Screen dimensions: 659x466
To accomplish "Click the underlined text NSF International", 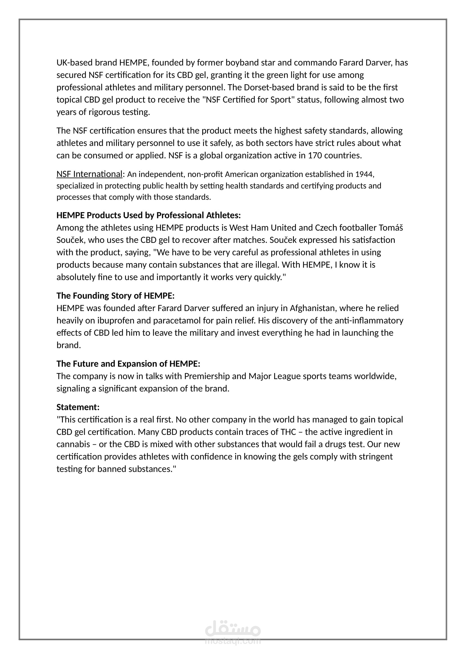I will point(89,174).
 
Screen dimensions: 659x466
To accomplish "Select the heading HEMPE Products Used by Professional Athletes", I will point(148,215).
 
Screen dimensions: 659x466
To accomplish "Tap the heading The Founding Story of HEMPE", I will point(115,295).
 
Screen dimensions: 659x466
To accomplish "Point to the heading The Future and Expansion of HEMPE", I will point(128,363).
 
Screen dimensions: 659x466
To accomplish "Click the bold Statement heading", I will point(78,407).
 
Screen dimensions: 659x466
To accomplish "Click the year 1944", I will point(364,174).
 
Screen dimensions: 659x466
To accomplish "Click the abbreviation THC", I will point(288,432).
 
